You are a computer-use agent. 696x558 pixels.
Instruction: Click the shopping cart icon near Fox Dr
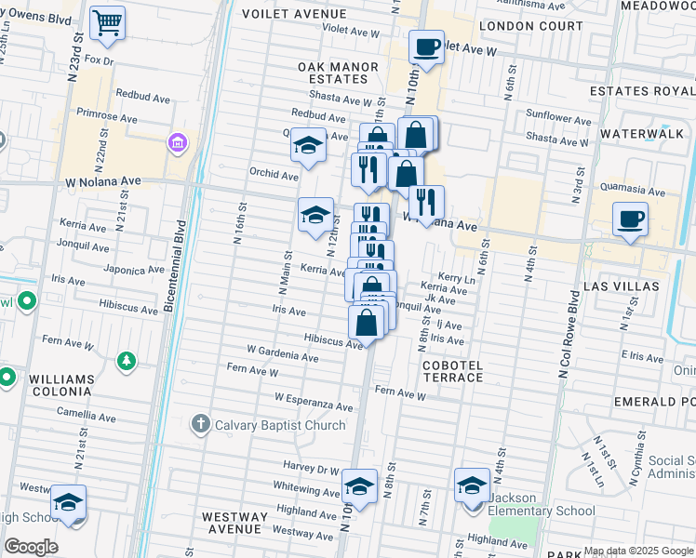tap(108, 21)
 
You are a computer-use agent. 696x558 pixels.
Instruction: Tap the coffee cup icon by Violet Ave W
tap(426, 47)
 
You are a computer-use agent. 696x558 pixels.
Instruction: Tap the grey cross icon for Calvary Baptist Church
tap(200, 425)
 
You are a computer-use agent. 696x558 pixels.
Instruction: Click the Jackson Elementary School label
tap(542, 511)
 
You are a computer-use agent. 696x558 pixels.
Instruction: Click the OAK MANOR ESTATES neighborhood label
tap(338, 73)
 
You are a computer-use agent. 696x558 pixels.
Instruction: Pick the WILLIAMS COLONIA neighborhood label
tap(61, 386)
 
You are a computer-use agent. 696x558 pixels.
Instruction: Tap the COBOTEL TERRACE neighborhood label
tap(453, 371)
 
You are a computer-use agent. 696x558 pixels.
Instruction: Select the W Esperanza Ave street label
tap(314, 402)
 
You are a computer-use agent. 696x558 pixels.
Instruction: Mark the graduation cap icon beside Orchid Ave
tap(308, 145)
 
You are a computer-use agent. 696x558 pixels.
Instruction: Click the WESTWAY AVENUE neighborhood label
tap(235, 522)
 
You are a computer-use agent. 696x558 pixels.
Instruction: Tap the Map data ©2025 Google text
tap(637, 551)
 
